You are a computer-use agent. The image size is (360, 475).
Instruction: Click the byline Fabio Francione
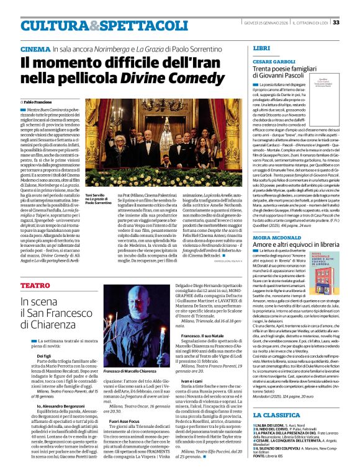pyautogui.click(x=39, y=101)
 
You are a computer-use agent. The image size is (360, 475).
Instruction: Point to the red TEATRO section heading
pyautogui.click(x=35, y=285)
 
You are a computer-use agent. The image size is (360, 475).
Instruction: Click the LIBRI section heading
pyautogui.click(x=262, y=47)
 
